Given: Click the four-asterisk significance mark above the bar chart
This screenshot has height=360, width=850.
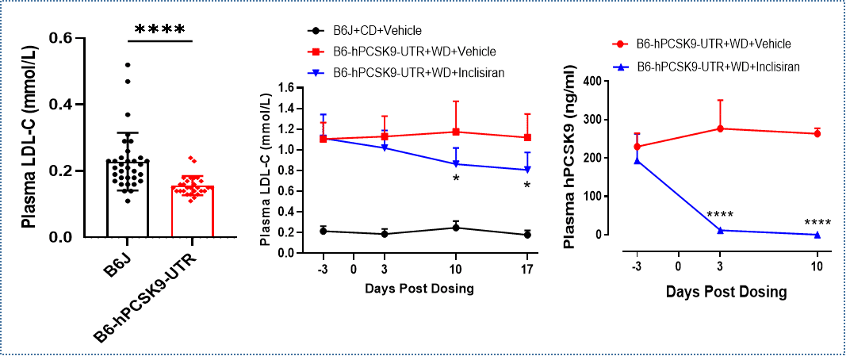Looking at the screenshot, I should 159,30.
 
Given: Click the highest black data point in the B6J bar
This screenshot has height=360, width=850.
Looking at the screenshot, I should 128,64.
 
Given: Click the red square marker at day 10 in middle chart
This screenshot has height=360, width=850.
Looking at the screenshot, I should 456,132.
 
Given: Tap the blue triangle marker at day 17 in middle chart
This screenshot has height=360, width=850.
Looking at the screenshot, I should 527,169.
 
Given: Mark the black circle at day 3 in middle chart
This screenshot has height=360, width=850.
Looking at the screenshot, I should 385,234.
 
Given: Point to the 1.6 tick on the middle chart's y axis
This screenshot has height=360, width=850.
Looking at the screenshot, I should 293,88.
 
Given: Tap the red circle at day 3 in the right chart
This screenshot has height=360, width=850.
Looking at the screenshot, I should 718,128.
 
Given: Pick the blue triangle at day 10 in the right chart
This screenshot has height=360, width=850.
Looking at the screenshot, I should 817,234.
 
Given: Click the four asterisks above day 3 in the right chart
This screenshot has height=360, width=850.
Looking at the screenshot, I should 720,215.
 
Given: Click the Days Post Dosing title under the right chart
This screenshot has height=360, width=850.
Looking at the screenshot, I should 726,291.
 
